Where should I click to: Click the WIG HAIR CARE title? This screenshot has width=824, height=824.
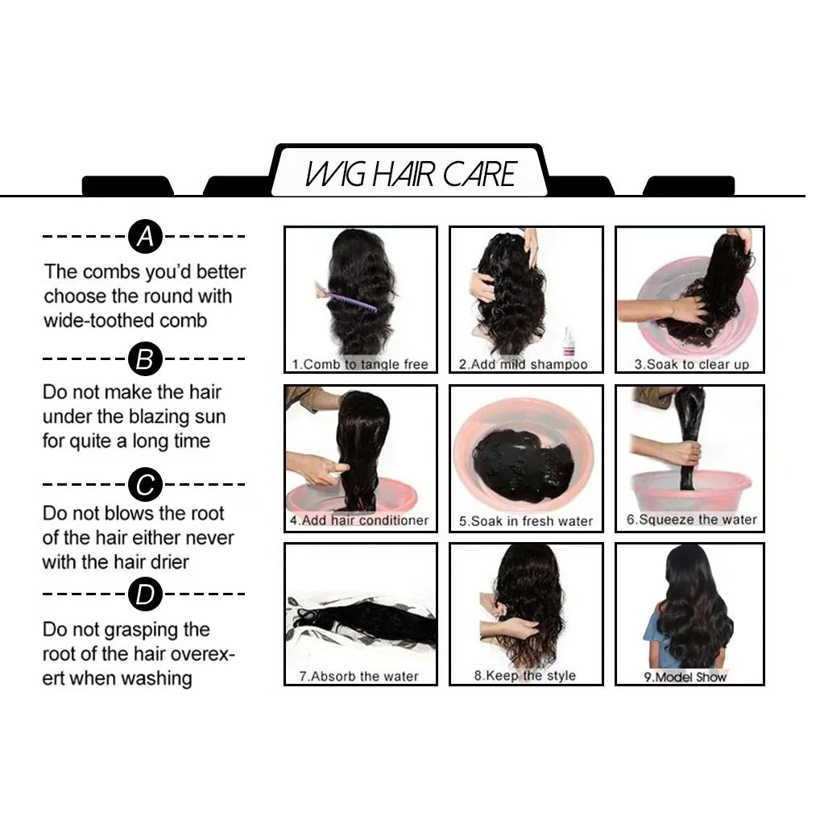coord(411,174)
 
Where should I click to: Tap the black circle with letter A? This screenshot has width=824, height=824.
coord(144,237)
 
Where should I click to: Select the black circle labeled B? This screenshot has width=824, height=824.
coord(144,358)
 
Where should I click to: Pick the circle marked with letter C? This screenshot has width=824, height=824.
coord(145,485)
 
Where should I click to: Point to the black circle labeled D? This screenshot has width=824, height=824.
coord(145,594)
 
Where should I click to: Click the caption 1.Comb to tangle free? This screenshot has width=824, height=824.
coord(360,364)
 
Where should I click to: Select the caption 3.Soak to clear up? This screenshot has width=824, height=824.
coord(690,364)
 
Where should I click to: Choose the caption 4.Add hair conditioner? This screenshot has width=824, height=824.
coord(359,520)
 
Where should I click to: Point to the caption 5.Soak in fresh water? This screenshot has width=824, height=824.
coord(525,521)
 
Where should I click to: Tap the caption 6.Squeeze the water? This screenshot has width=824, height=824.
coord(691,520)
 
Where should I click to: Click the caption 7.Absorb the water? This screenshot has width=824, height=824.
coord(359,676)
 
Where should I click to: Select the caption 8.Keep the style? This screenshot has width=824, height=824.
coord(525,675)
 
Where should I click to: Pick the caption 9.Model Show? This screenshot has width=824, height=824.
coord(685,677)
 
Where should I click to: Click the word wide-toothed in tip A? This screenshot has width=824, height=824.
coord(88,321)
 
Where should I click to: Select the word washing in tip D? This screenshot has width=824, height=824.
coord(157,678)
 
